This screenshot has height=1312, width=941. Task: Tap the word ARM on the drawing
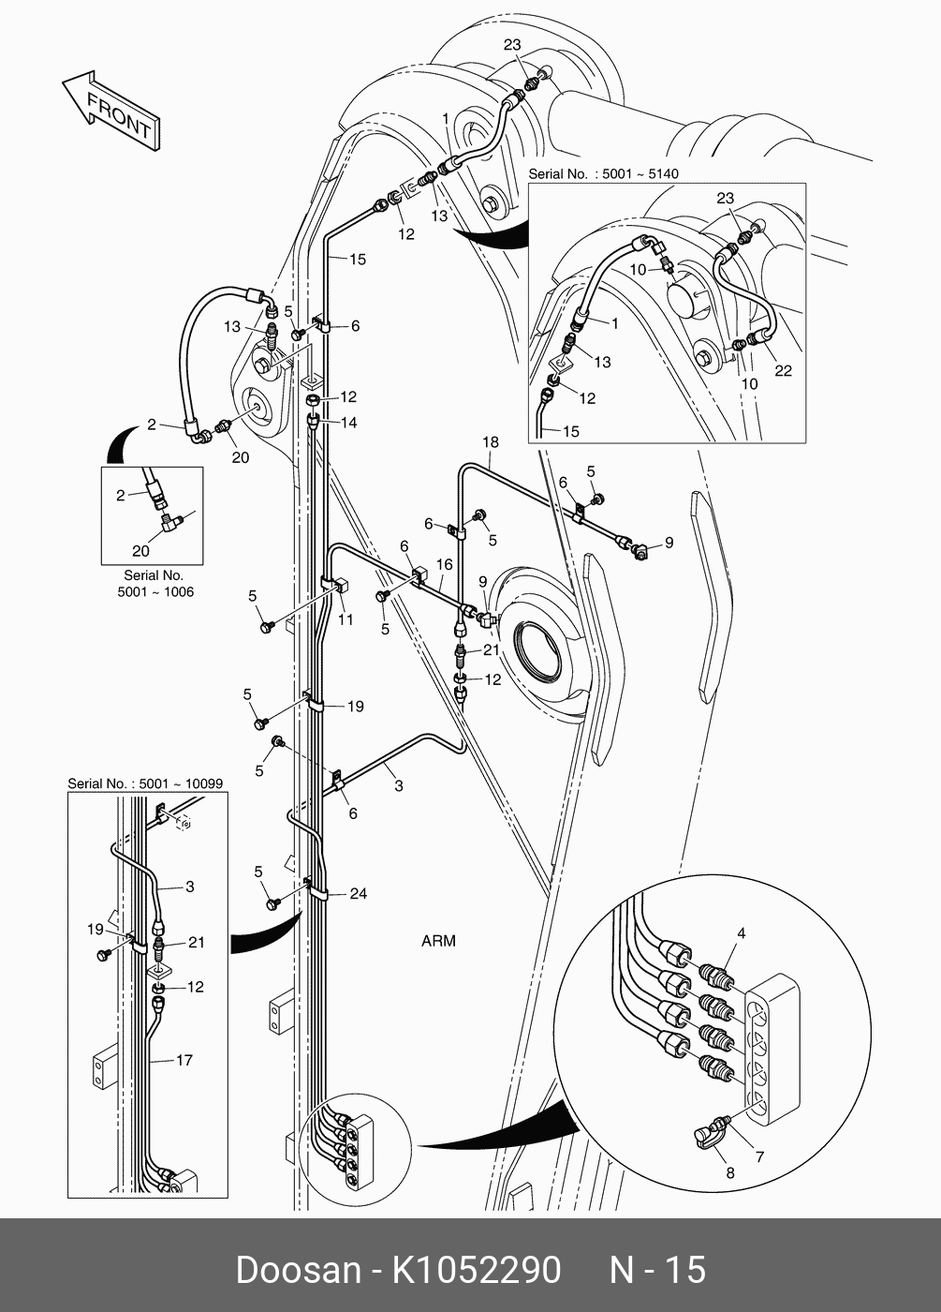click(x=438, y=940)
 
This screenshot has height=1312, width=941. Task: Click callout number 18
click(x=491, y=442)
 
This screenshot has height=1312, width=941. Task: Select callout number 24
click(x=359, y=893)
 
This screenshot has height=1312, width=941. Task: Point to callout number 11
click(x=346, y=619)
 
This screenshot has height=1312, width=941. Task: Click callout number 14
click(x=348, y=423)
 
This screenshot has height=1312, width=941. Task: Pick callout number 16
click(x=444, y=564)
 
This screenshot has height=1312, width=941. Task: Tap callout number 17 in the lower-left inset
click(x=184, y=1060)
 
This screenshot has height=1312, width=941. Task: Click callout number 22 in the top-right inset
click(x=783, y=370)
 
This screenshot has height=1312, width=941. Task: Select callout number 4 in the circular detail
click(x=741, y=932)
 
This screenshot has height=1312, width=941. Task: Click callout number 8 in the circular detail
click(x=730, y=1172)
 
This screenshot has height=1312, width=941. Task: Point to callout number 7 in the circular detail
click(x=759, y=1157)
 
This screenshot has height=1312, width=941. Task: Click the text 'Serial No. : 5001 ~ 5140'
click(x=603, y=173)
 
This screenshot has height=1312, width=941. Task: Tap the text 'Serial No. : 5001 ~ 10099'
click(x=145, y=783)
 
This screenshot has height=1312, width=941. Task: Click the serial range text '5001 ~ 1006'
click(x=155, y=592)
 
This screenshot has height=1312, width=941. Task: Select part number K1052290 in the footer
click(x=476, y=1270)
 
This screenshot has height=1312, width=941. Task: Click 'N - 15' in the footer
click(x=657, y=1270)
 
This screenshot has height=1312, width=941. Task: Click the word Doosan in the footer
click(x=298, y=1270)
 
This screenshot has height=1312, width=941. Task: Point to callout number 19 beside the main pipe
click(x=356, y=707)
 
